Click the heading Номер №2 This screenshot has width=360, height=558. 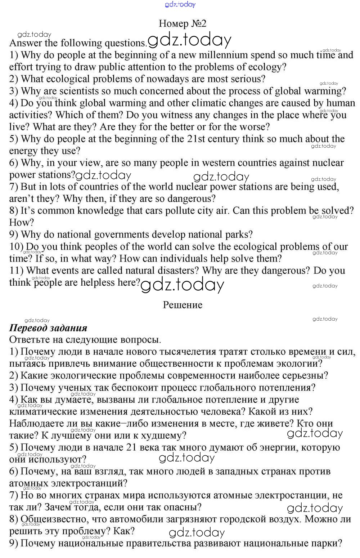point(183,24)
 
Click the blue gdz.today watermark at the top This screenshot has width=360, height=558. point(180,4)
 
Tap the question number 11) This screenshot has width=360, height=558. point(16,271)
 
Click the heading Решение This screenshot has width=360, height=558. point(183,305)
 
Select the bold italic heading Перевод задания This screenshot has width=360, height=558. point(48,328)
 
